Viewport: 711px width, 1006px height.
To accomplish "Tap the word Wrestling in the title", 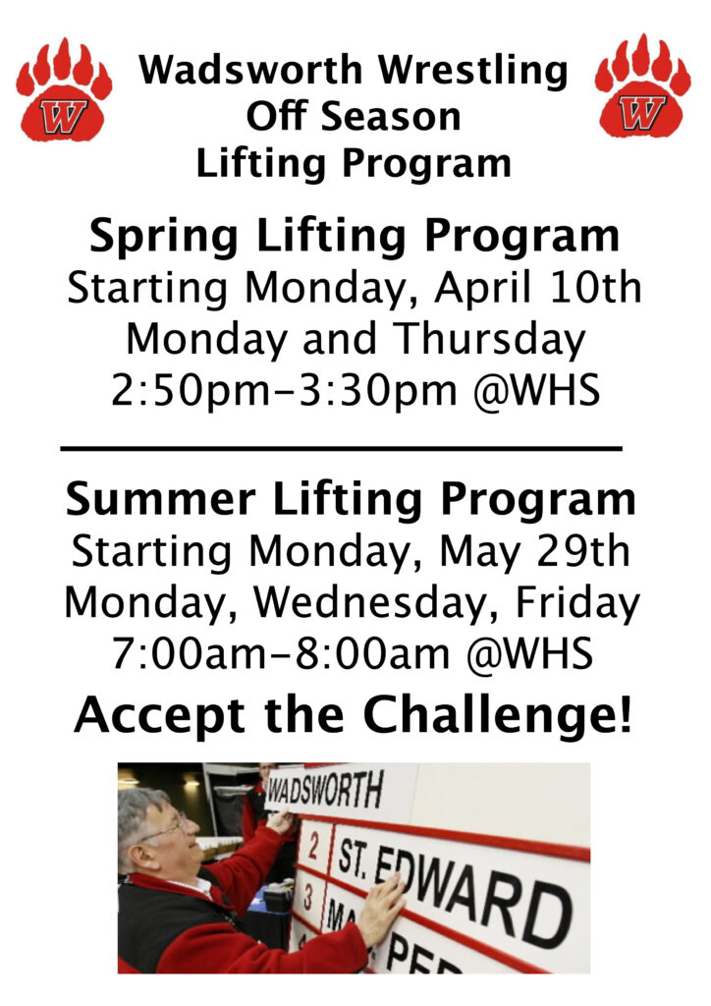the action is point(473,71).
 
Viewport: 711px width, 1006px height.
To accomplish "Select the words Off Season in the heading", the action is point(354,117).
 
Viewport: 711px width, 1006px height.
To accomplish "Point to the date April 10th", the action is point(538,289).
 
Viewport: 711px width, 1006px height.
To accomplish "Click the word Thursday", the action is point(490,340).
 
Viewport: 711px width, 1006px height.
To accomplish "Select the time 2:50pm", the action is point(191,391).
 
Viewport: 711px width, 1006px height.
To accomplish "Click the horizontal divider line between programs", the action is point(341,448).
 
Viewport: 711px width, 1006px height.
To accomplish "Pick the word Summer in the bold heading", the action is point(161,499).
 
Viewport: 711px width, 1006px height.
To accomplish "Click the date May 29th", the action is point(534,552).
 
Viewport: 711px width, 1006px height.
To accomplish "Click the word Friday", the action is point(577,604).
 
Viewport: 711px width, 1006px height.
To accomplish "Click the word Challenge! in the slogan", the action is point(498,716).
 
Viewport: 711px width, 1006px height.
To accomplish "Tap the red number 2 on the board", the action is point(313,847).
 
